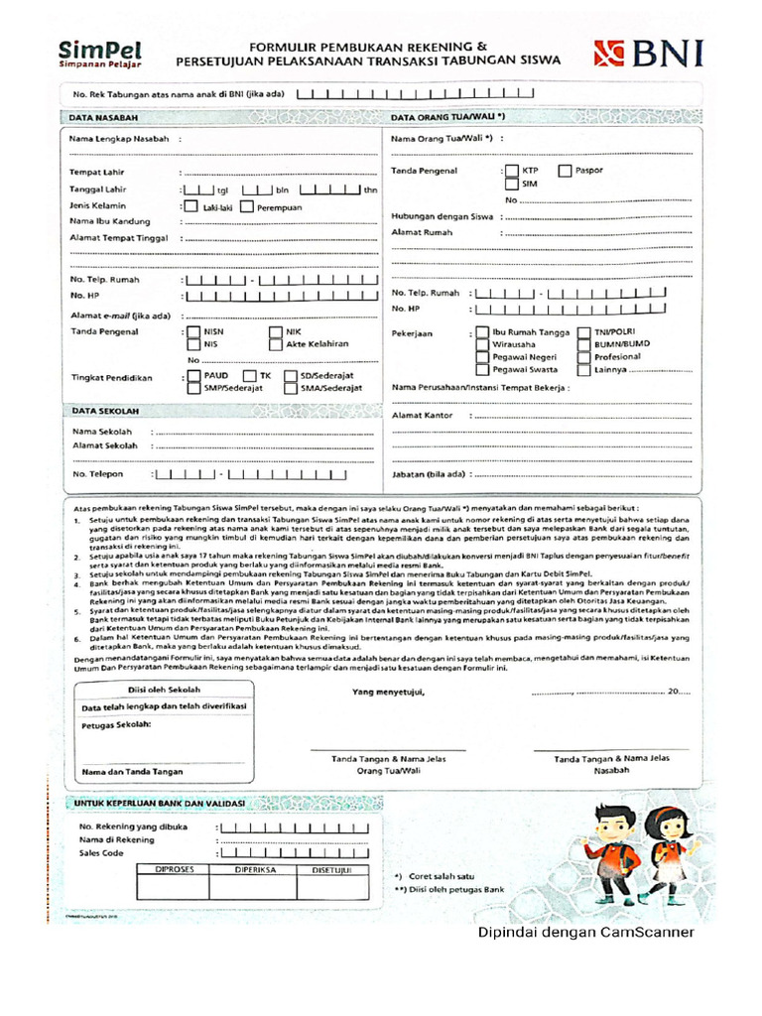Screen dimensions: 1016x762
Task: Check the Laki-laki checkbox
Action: tap(189, 206)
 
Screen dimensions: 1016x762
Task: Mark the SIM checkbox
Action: tap(510, 184)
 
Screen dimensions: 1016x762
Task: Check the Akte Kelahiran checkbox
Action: tap(275, 344)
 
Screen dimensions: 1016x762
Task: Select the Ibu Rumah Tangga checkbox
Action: tap(481, 332)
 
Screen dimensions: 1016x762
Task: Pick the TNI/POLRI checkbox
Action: tap(583, 332)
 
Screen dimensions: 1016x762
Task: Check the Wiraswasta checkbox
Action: tap(481, 344)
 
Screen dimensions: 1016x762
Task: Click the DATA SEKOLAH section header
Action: tap(104, 411)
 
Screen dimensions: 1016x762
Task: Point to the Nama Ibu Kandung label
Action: tap(109, 221)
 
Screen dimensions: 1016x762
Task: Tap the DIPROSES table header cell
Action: tap(176, 869)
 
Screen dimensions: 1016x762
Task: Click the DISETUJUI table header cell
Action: tap(332, 869)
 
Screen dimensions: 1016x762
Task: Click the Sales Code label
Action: tap(101, 852)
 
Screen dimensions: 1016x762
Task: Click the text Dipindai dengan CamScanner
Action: tap(585, 932)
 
